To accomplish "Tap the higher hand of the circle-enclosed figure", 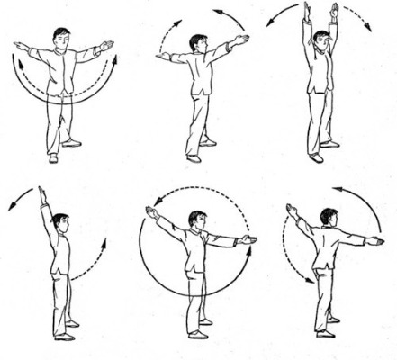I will pos(150,212).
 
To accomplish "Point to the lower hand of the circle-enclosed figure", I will pos(249,239).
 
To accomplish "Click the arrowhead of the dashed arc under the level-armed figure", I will pos(113,61).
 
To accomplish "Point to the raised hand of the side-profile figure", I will pos(41,193).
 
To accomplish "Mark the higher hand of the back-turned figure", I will pos(291,210).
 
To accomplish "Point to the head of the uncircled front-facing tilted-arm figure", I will pos(196,44).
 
